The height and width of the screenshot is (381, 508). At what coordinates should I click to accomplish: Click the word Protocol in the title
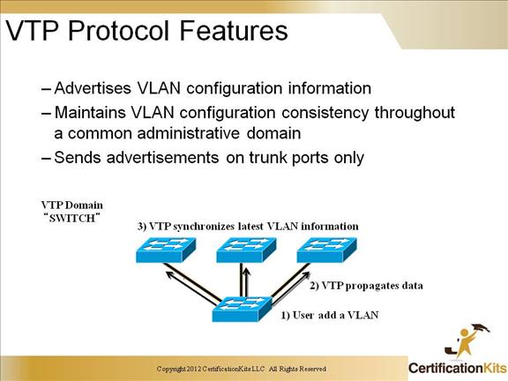(118, 31)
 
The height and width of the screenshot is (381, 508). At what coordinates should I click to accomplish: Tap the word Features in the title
(233, 31)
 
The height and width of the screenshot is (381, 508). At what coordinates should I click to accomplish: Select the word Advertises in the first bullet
(93, 88)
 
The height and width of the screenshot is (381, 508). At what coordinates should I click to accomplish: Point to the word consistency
(325, 112)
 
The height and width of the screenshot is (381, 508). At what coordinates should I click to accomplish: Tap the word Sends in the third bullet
(78, 158)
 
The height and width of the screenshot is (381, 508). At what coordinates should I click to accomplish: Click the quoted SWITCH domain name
(72, 218)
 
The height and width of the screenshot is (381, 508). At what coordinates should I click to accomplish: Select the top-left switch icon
(166, 250)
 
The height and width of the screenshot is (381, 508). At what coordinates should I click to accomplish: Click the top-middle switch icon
(247, 250)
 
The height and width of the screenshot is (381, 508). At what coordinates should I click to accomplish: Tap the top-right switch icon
(327, 250)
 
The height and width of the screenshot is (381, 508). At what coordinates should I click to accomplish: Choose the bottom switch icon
(242, 309)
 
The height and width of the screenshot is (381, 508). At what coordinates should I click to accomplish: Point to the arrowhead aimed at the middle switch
(247, 273)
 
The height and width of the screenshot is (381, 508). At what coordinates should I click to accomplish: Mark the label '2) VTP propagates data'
(366, 286)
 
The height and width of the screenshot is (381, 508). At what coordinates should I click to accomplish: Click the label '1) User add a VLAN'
(330, 315)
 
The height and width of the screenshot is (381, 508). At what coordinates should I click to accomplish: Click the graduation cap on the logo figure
(480, 328)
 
